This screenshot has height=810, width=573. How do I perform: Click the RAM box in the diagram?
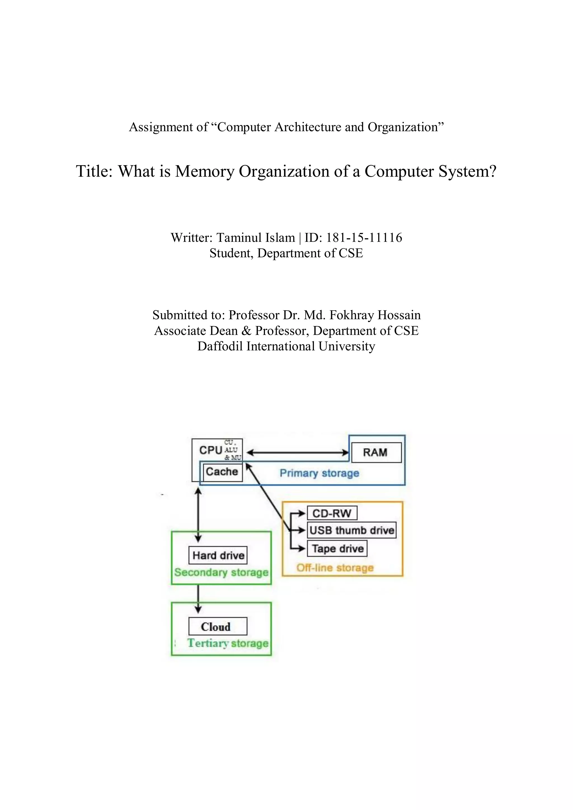coord(375,453)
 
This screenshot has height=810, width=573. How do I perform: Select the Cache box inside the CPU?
coord(222,472)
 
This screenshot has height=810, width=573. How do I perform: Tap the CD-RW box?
coord(332,513)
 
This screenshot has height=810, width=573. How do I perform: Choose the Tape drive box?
coord(337,549)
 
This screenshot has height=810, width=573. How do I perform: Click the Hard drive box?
coord(218,556)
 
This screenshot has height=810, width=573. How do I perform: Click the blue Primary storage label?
coord(319,473)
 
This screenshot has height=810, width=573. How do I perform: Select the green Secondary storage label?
coord(221,573)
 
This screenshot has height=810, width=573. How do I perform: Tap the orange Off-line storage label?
coord(335,568)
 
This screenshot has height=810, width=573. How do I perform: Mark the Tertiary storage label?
coord(228,643)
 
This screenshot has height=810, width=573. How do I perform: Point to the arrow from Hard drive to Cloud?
coord(198,598)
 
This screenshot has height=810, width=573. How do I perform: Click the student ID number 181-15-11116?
coord(364,238)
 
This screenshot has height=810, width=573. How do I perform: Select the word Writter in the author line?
coord(191,238)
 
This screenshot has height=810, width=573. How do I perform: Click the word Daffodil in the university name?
coord(220,346)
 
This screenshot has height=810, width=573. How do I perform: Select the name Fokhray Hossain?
coord(375,315)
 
